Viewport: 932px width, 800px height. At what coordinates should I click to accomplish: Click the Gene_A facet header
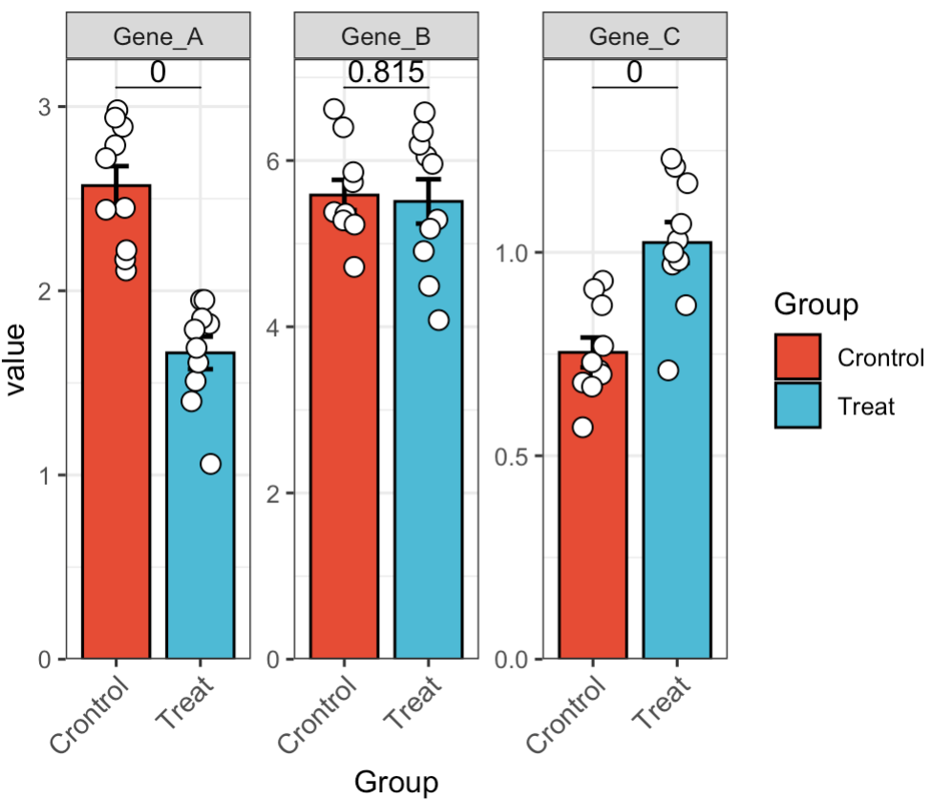158,37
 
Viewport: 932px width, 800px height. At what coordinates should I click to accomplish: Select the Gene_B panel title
387,37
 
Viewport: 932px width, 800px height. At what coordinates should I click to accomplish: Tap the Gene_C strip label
635,37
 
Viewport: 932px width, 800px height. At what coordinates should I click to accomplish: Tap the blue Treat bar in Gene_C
677,458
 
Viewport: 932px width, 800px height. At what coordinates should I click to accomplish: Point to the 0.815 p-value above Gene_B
386,71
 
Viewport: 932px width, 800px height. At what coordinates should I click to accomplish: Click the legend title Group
815,305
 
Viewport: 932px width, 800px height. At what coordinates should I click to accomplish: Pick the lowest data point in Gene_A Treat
210,464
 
